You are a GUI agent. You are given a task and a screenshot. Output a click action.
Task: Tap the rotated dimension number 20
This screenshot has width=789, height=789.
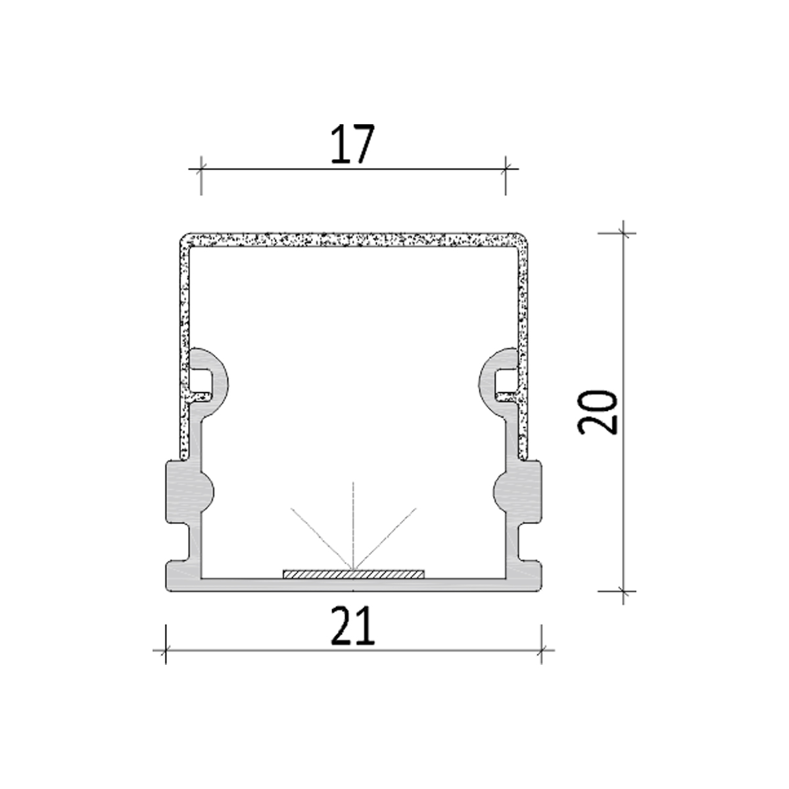[598, 412]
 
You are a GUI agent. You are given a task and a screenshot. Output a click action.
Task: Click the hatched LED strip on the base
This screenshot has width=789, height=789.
[354, 574]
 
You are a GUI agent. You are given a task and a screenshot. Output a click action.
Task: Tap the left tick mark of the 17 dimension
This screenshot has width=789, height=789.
[201, 169]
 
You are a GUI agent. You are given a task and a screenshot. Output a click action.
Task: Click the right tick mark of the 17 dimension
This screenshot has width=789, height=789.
[506, 169]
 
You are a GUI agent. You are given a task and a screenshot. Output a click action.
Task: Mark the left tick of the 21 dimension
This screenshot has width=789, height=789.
[166, 651]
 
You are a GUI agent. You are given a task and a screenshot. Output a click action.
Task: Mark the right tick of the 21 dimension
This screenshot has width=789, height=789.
[541, 651]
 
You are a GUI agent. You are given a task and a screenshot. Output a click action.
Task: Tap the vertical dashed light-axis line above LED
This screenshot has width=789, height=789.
[354, 519]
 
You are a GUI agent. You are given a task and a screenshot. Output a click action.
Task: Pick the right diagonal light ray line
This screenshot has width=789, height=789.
[388, 536]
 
